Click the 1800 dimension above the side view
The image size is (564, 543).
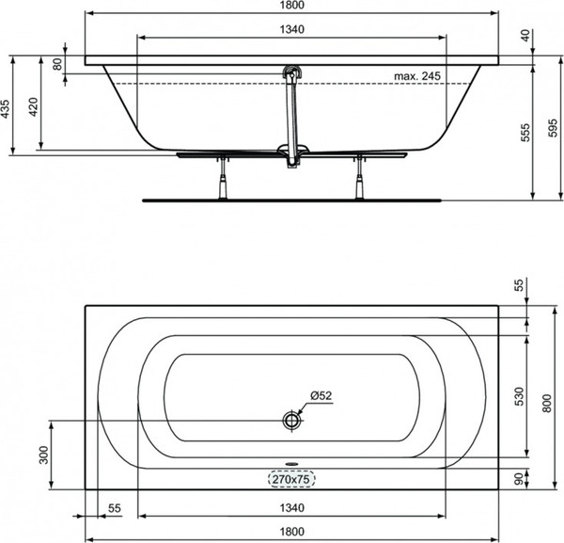[291, 5]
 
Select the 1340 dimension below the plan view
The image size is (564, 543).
[291, 508]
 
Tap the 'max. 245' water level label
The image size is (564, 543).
[416, 76]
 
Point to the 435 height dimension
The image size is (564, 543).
[6, 108]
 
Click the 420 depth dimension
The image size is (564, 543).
[34, 106]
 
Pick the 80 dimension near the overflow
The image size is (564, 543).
[57, 64]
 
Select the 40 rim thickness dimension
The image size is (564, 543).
[525, 35]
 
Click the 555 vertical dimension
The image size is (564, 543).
[525, 133]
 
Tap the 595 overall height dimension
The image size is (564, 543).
[553, 128]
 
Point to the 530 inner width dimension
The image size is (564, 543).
[520, 396]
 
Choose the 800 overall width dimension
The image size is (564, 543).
[547, 404]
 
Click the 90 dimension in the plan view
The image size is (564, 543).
[518, 479]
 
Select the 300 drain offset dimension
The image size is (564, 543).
[44, 455]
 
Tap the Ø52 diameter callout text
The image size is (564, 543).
[321, 396]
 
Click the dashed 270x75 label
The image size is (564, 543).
[291, 479]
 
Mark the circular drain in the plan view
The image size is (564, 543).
[291, 421]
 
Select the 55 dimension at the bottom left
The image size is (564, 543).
[115, 508]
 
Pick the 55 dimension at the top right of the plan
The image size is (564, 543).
[520, 284]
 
